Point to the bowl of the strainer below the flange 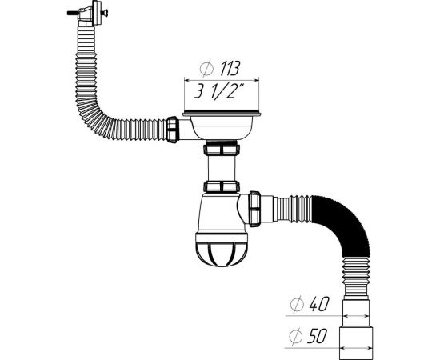point(220,129)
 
